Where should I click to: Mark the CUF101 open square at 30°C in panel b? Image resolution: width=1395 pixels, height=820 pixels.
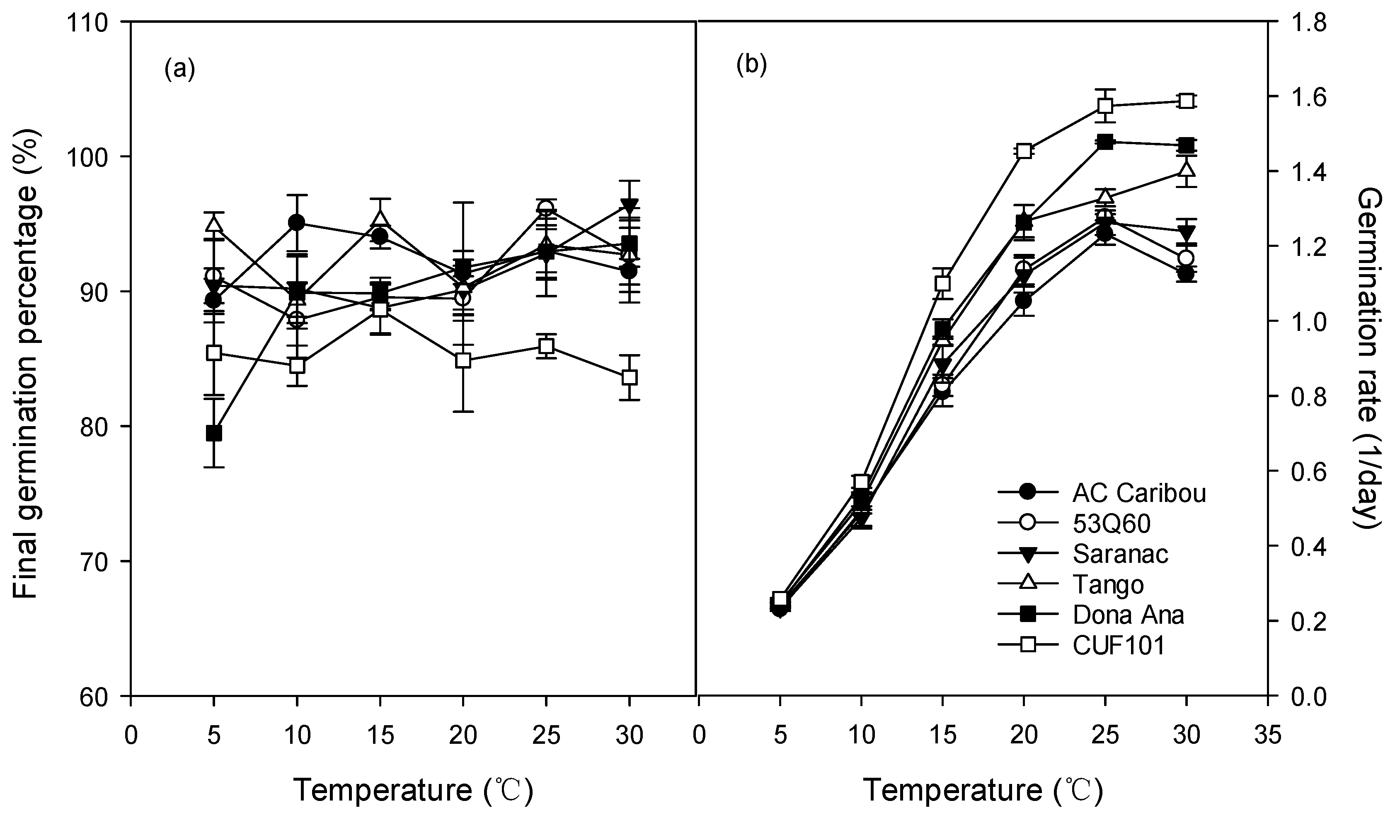(1186, 101)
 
